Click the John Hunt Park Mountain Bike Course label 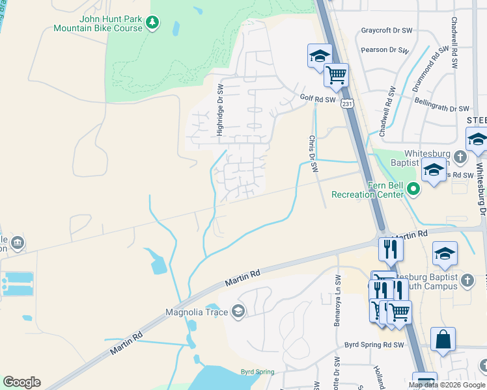[x=97, y=23]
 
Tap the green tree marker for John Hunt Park [x=152, y=23]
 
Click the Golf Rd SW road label [x=318, y=99]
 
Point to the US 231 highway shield [x=347, y=103]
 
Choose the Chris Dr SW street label [x=313, y=154]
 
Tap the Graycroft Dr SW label [x=387, y=31]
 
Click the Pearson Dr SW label [x=392, y=49]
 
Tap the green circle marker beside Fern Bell [x=413, y=190]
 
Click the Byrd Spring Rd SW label [x=374, y=344]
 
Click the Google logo [x=21, y=382]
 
